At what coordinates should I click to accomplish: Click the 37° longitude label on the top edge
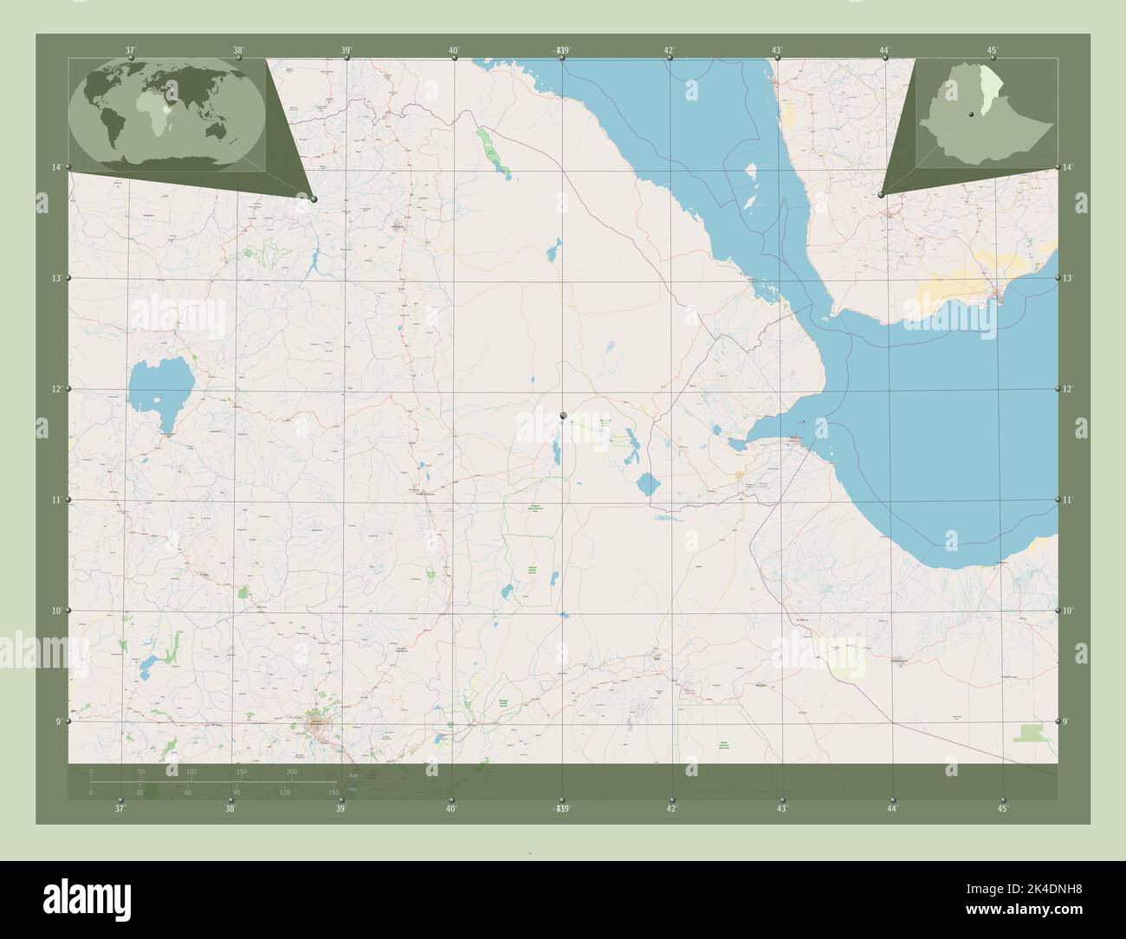[131, 50]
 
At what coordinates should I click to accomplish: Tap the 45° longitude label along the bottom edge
[1002, 809]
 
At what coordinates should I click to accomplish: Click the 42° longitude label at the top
[670, 50]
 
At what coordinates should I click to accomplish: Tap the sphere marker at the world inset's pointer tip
[314, 199]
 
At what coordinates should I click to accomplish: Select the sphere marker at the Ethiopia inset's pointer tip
[881, 195]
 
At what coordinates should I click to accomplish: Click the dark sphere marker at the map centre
[563, 417]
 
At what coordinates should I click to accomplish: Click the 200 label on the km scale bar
[292, 771]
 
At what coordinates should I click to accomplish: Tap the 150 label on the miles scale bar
[333, 792]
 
